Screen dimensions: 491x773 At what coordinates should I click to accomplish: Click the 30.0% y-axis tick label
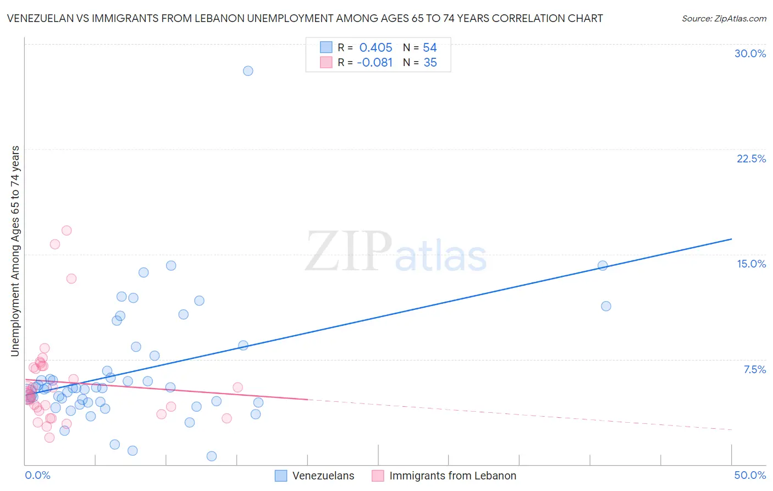click(x=750, y=53)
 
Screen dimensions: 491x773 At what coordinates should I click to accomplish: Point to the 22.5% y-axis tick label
click(x=751, y=159)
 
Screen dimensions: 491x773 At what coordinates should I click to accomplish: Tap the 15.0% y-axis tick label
click(x=751, y=264)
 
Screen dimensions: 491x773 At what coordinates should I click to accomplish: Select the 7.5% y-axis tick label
click(x=754, y=369)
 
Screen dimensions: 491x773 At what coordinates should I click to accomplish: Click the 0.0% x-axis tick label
click(x=37, y=475)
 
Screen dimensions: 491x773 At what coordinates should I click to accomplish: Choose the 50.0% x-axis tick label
click(x=749, y=475)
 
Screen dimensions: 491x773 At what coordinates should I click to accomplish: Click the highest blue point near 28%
click(x=248, y=71)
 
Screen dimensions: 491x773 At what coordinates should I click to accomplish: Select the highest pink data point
click(x=67, y=231)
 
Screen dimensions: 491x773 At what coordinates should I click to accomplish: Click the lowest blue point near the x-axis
click(x=212, y=456)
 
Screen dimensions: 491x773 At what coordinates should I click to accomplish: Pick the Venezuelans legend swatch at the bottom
click(x=281, y=476)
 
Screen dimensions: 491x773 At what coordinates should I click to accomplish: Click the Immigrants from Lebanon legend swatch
click(x=378, y=476)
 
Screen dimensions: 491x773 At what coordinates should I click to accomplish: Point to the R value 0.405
click(x=376, y=47)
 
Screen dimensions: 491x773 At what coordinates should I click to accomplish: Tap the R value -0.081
click(x=374, y=63)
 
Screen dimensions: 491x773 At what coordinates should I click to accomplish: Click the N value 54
click(x=429, y=47)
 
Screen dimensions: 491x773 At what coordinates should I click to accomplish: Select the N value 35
click(x=430, y=63)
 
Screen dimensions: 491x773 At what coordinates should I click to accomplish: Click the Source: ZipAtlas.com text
click(x=724, y=19)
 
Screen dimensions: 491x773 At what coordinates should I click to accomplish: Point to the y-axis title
click(x=15, y=251)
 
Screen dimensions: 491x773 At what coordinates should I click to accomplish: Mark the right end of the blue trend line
click(x=731, y=239)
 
